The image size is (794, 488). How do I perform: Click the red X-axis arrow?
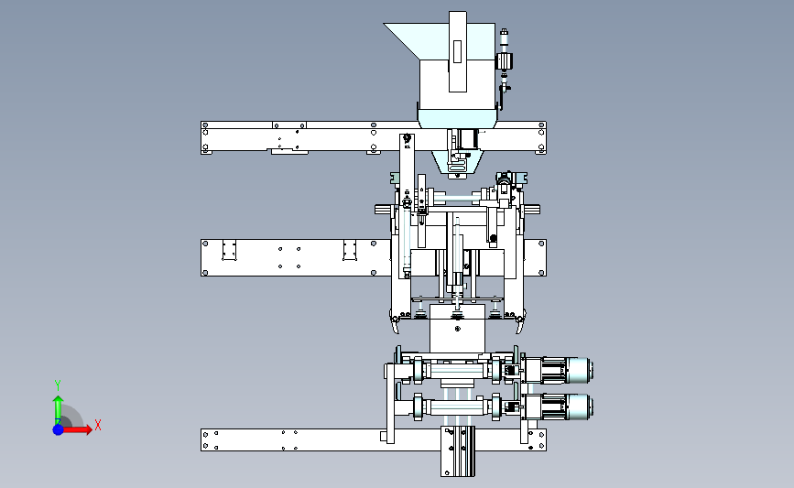click(x=76, y=429)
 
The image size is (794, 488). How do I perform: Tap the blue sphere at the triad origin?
click(x=58, y=429)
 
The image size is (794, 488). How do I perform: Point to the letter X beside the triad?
click(x=98, y=425)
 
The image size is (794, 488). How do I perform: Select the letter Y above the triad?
click(x=57, y=385)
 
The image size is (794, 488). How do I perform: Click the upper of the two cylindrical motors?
click(x=558, y=370)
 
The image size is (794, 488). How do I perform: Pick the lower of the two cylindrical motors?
click(x=558, y=407)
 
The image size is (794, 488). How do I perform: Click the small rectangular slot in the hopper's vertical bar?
click(x=457, y=51)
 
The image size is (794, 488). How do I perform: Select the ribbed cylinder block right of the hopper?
click(x=505, y=61)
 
